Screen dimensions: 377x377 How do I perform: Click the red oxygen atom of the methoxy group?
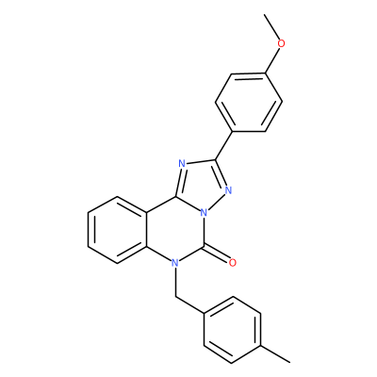(282, 43)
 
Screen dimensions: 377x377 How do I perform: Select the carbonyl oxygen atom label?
(232, 263)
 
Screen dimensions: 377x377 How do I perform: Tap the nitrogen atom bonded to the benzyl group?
(175, 263)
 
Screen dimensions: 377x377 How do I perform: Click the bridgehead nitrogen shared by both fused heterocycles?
(205, 213)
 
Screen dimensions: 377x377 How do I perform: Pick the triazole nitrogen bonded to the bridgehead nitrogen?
(228, 190)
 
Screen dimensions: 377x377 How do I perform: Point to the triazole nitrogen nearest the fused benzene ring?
(182, 163)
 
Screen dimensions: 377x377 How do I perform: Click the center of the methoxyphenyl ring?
(249, 103)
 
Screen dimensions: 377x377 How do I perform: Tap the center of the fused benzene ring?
(117, 230)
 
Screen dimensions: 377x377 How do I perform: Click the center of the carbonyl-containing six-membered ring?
(175, 230)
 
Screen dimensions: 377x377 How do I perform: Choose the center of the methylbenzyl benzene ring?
(233, 330)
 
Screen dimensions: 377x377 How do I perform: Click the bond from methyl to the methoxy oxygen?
(272, 27)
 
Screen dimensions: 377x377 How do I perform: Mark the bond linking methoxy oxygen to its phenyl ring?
(272, 59)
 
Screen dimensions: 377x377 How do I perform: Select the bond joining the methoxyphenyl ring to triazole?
(223, 145)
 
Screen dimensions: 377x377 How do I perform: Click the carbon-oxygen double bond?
(217, 255)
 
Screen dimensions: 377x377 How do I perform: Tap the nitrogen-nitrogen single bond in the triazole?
(216, 202)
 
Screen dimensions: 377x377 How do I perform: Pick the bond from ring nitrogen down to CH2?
(175, 282)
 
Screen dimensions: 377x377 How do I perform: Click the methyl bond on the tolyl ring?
(275, 354)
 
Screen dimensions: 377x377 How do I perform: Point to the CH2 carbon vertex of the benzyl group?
(175, 296)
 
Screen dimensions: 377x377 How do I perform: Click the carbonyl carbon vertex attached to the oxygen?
(205, 247)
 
